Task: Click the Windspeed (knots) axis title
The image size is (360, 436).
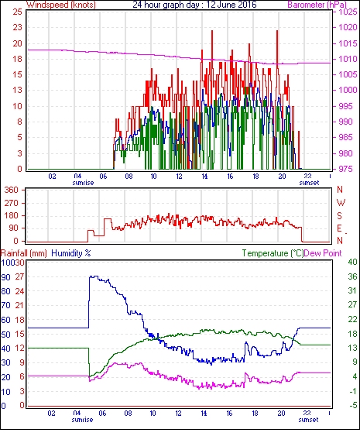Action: tap(61, 5)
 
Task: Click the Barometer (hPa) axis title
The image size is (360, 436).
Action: tap(317, 5)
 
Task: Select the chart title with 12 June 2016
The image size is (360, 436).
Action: tap(194, 5)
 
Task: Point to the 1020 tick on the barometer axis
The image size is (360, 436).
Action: tap(348, 27)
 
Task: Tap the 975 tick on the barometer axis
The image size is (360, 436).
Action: tap(345, 169)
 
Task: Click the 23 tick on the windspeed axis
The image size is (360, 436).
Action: tap(17, 27)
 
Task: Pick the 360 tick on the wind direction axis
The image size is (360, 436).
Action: tap(12, 191)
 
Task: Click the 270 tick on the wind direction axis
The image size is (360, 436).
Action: tap(12, 203)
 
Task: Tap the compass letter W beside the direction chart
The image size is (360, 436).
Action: tap(341, 203)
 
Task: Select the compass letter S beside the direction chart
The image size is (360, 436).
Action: tap(339, 215)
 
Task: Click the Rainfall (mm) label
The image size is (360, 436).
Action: tap(24, 253)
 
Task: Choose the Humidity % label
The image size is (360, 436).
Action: tap(71, 253)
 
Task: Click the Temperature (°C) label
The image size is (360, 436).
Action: tap(273, 253)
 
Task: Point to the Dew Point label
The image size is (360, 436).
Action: tap(323, 253)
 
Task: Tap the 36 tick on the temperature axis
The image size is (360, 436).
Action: tap(352, 276)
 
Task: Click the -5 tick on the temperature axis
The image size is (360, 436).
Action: tap(353, 406)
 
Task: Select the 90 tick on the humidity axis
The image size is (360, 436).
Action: tap(6, 277)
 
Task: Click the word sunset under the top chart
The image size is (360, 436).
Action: tap(309, 183)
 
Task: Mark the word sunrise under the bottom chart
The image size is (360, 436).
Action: tap(82, 420)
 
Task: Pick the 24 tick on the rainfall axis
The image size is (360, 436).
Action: tap(19, 291)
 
